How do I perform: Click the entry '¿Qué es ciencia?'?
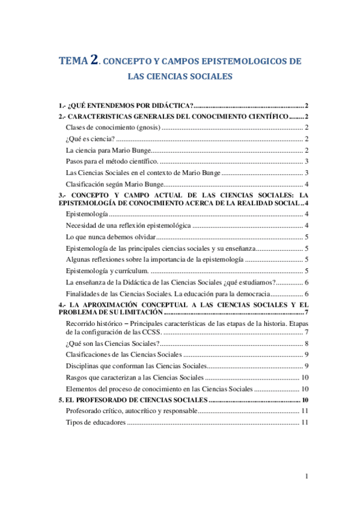(x=82, y=139)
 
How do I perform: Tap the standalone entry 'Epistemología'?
(x=87, y=215)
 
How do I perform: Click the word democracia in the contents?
(x=248, y=293)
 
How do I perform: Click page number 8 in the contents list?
(x=307, y=343)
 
